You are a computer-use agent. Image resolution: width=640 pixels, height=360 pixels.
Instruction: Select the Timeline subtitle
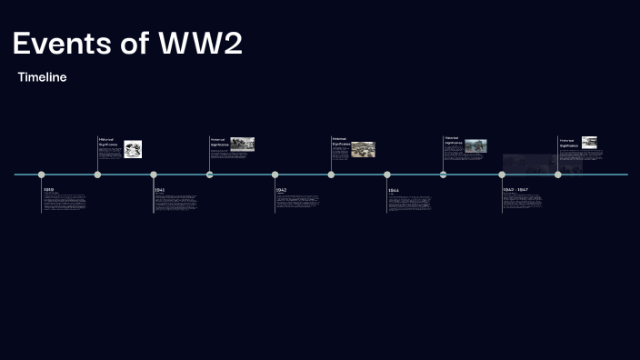tap(42, 78)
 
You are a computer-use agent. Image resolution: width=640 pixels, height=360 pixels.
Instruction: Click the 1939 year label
tap(49, 189)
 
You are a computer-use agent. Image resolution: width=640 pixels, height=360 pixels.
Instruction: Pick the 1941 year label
tap(160, 189)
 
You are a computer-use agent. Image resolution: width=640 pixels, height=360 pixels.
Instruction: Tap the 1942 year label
tap(282, 189)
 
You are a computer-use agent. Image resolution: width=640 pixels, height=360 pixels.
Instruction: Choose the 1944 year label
tap(394, 190)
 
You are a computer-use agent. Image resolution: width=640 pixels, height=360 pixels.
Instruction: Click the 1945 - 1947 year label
tap(515, 190)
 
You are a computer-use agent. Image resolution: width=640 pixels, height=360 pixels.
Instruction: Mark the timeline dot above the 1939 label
tap(41, 175)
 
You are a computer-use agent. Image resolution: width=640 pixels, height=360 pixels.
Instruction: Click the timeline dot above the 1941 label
tap(154, 175)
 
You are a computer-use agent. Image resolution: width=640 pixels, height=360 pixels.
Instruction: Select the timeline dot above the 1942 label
tap(275, 175)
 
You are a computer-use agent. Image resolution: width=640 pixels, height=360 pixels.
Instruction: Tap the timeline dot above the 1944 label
tap(387, 175)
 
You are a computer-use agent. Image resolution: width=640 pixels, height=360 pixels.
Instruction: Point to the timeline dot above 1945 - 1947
tap(502, 175)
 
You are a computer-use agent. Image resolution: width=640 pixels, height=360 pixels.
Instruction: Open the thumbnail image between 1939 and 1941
tap(133, 148)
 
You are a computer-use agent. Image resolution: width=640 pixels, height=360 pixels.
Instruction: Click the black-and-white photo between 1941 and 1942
tap(242, 144)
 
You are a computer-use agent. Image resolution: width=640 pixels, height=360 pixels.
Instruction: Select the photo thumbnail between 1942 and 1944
tap(363, 148)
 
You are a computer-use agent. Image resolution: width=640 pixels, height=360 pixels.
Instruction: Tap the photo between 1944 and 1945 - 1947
tap(475, 145)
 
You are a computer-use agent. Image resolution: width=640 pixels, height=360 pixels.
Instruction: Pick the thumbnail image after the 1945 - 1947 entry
tap(589, 142)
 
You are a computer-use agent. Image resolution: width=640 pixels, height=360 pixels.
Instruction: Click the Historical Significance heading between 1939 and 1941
tap(108, 142)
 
